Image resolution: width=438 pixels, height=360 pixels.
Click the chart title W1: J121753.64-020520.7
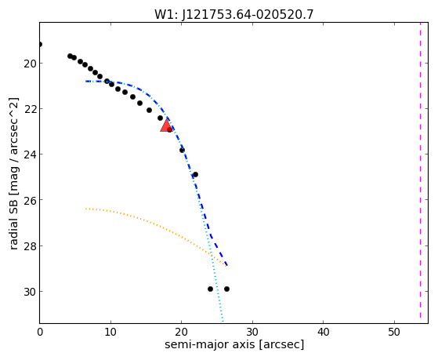pyautogui.click(x=234, y=14)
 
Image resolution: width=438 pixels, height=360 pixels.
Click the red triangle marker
pyautogui.click(x=166, y=125)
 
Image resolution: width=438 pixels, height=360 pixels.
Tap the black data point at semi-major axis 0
pyautogui.click(x=40, y=44)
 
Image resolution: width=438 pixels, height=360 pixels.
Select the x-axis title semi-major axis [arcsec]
pyautogui.click(x=234, y=344)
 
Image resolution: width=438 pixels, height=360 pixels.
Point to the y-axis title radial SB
pyautogui.click(x=13, y=173)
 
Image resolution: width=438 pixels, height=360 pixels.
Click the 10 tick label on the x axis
pyautogui.click(x=110, y=332)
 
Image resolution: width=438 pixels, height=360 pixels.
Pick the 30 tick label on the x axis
pyautogui.click(x=252, y=332)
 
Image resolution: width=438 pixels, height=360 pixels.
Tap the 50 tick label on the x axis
pyautogui.click(x=394, y=332)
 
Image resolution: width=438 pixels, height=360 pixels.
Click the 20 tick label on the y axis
pyautogui.click(x=30, y=64)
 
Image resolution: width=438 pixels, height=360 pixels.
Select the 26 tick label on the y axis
pyautogui.click(x=30, y=200)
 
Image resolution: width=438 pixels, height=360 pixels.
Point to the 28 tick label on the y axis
pyautogui.click(x=30, y=246)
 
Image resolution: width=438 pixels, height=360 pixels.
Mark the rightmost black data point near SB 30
pyautogui.click(x=226, y=289)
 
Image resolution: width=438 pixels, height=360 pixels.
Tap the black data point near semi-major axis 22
pyautogui.click(x=195, y=175)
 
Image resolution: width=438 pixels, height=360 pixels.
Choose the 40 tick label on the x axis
pyautogui.click(x=323, y=332)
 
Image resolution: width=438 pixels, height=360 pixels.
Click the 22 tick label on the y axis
pyautogui.click(x=30, y=109)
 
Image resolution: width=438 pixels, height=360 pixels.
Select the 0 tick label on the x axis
pyautogui.click(x=40, y=332)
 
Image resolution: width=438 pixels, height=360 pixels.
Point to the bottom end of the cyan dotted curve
pyautogui.click(x=223, y=322)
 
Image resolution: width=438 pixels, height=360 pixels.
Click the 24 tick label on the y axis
pyautogui.click(x=30, y=155)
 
